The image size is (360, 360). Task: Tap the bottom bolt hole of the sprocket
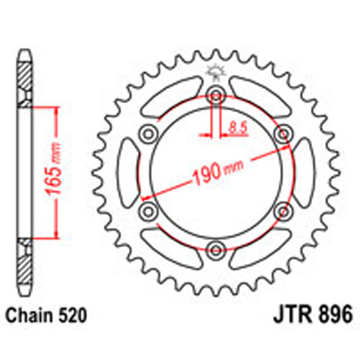point(215,247)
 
